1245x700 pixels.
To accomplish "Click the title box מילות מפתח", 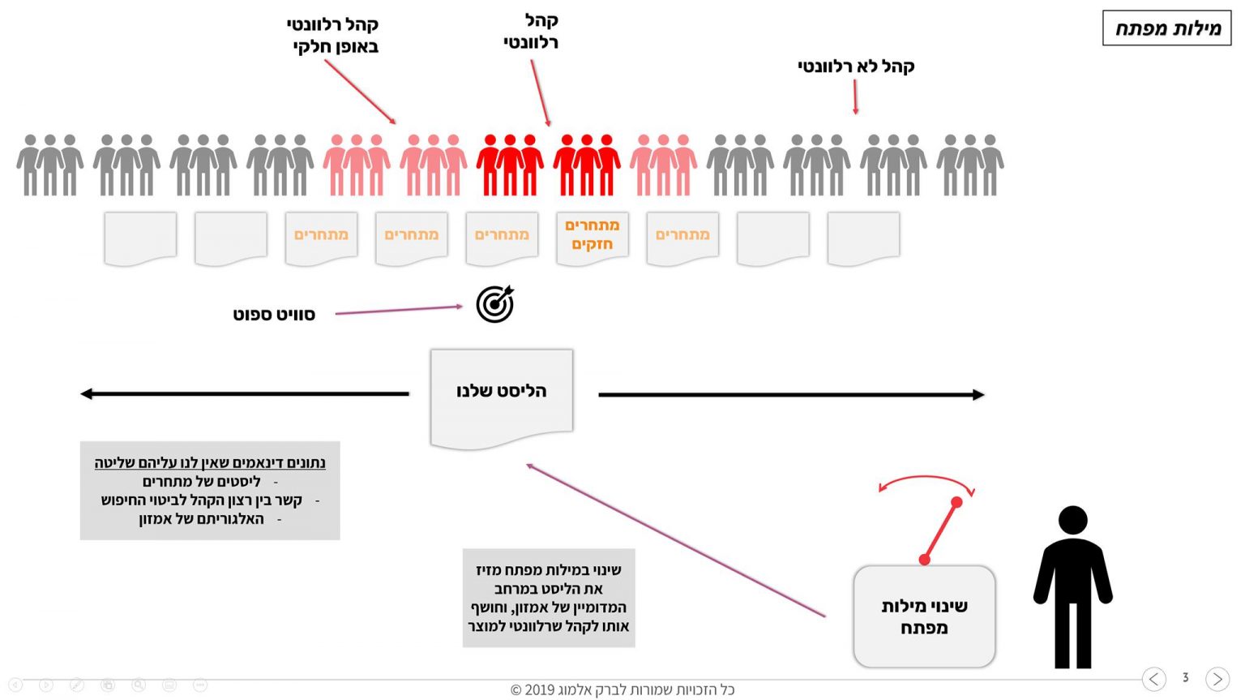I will click(x=1166, y=28).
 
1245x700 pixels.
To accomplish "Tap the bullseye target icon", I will click(x=494, y=304).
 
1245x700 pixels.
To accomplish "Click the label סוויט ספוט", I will click(x=274, y=315).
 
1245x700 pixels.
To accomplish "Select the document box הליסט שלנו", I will click(x=502, y=393).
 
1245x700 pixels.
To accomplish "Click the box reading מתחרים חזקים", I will click(x=593, y=235).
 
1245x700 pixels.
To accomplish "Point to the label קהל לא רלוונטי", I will click(x=856, y=67).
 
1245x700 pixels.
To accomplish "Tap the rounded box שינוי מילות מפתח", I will click(x=924, y=616).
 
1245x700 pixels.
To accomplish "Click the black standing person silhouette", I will click(x=1072, y=587).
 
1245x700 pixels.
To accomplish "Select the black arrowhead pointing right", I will click(x=978, y=395).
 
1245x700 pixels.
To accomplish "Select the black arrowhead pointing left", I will click(x=87, y=394).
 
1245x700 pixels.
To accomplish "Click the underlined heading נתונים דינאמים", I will click(x=210, y=463).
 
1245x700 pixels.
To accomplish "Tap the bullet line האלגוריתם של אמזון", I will click(x=202, y=519).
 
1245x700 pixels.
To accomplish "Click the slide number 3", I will click(x=1185, y=677).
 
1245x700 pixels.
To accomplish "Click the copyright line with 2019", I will click(x=622, y=690).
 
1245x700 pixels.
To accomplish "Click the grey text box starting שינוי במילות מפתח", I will click(x=549, y=598).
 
